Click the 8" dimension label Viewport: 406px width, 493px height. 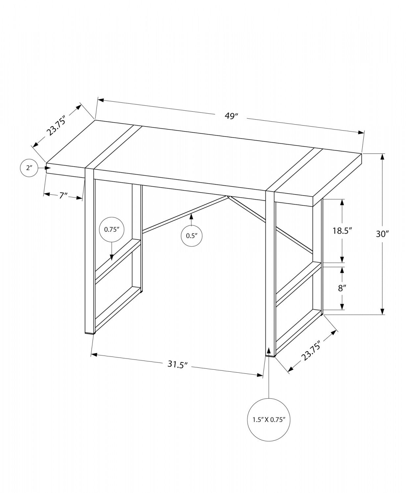[x=342, y=288]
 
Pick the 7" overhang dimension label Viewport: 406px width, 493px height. [x=63, y=196]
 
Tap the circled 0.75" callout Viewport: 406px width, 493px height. [x=111, y=230]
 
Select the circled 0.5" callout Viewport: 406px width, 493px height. [x=192, y=235]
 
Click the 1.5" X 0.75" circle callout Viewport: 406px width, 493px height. [x=269, y=419]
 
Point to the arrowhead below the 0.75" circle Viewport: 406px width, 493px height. [x=112, y=257]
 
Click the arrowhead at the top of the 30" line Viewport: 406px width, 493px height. [x=382, y=156]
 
